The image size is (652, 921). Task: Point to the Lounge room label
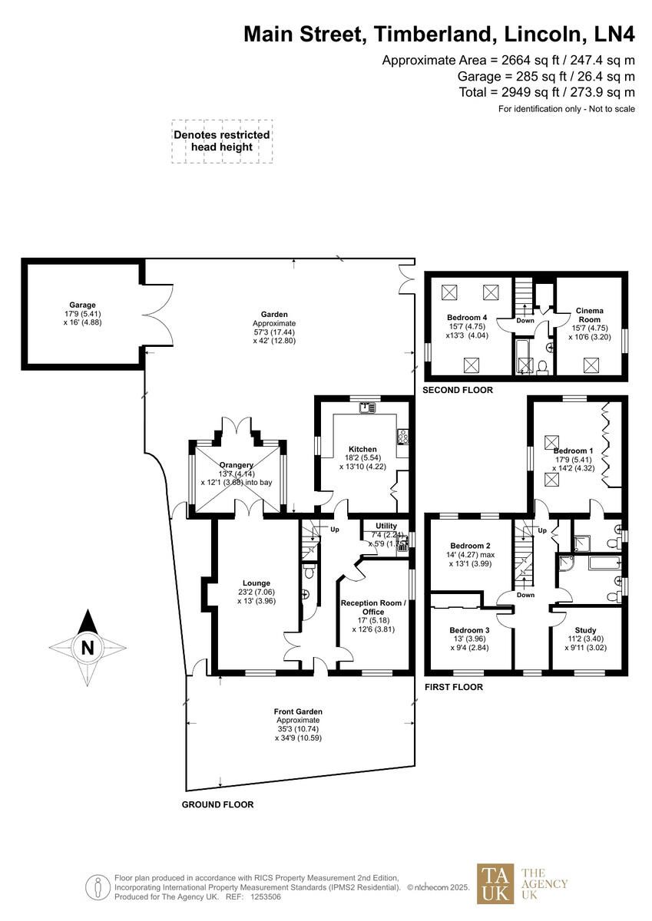coord(258,583)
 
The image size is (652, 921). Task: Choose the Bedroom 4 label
coord(467,317)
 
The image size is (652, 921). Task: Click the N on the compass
coord(87,647)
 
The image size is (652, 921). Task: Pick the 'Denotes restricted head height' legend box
coord(222,140)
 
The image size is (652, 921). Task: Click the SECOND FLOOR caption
coord(458,391)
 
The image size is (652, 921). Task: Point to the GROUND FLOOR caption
coord(217,804)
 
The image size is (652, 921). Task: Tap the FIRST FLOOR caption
coord(454,687)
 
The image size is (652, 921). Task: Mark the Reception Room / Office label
coord(373,607)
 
